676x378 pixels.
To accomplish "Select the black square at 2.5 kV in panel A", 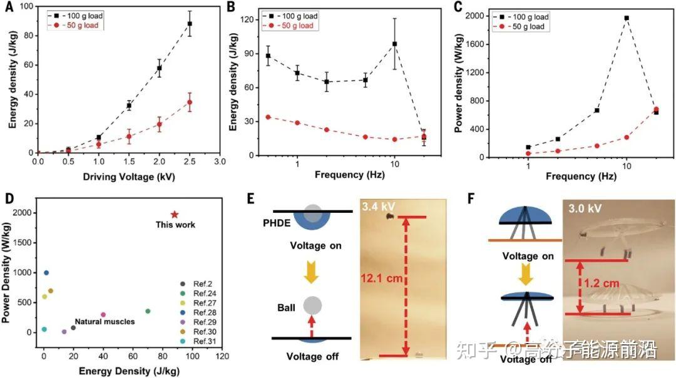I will pyautogui.click(x=189, y=24).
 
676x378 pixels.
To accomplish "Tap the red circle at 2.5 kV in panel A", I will pyautogui.click(x=189, y=102).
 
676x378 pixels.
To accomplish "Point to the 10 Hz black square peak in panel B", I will pyautogui.click(x=395, y=44).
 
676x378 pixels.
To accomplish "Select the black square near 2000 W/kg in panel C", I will pyautogui.click(x=626, y=18).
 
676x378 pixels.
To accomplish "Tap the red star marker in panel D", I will pyautogui.click(x=174, y=215).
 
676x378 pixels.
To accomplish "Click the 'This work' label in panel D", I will pyautogui.click(x=175, y=225).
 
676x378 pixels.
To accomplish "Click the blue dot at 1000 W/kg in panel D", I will pyautogui.click(x=46, y=273).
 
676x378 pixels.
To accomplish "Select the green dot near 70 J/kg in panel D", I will pyautogui.click(x=148, y=311).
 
